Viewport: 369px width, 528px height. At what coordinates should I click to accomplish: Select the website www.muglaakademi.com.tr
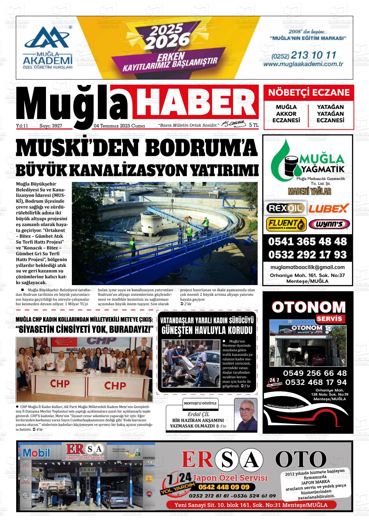coord(303,64)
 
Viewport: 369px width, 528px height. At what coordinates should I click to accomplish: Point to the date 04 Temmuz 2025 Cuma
coord(119,126)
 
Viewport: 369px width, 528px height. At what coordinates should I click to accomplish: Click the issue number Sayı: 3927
coord(51,126)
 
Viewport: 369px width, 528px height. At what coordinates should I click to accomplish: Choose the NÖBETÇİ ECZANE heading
coord(309,93)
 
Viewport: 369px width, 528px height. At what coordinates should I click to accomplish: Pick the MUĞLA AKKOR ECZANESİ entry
coord(286,114)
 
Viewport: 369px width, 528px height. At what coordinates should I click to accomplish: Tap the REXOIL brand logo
coord(285,208)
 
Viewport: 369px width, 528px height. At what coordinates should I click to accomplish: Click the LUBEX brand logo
coord(328,208)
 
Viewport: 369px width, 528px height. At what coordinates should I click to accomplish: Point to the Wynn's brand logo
coord(329,224)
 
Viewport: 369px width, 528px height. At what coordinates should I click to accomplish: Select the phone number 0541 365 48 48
coord(307,242)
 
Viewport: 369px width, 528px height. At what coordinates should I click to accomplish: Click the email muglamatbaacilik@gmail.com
coord(307,267)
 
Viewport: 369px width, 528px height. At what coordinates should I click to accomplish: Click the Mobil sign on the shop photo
coord(37,452)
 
